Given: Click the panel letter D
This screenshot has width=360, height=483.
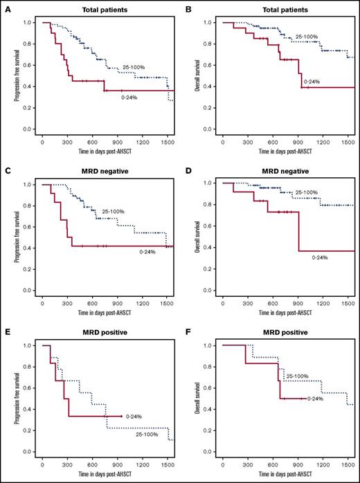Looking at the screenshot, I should click(x=187, y=167).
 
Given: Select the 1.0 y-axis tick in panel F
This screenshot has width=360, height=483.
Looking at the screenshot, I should click(x=206, y=345).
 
